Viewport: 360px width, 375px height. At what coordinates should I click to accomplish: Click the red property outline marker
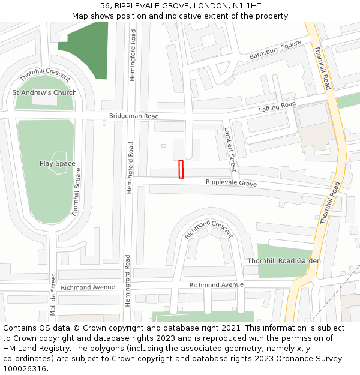181,169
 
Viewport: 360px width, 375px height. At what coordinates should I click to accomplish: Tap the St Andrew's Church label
44,93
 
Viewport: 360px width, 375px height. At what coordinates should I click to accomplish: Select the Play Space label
58,163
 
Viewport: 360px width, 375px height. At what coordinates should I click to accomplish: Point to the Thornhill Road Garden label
284,261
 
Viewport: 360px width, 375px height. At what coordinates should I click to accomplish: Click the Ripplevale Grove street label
231,183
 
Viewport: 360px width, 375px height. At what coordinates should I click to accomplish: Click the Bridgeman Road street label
134,116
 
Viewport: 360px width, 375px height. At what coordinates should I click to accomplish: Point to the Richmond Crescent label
208,229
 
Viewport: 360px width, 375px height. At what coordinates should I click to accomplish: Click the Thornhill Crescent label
45,75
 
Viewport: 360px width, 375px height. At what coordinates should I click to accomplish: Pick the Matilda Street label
53,295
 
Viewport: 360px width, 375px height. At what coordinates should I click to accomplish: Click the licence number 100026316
24,369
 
